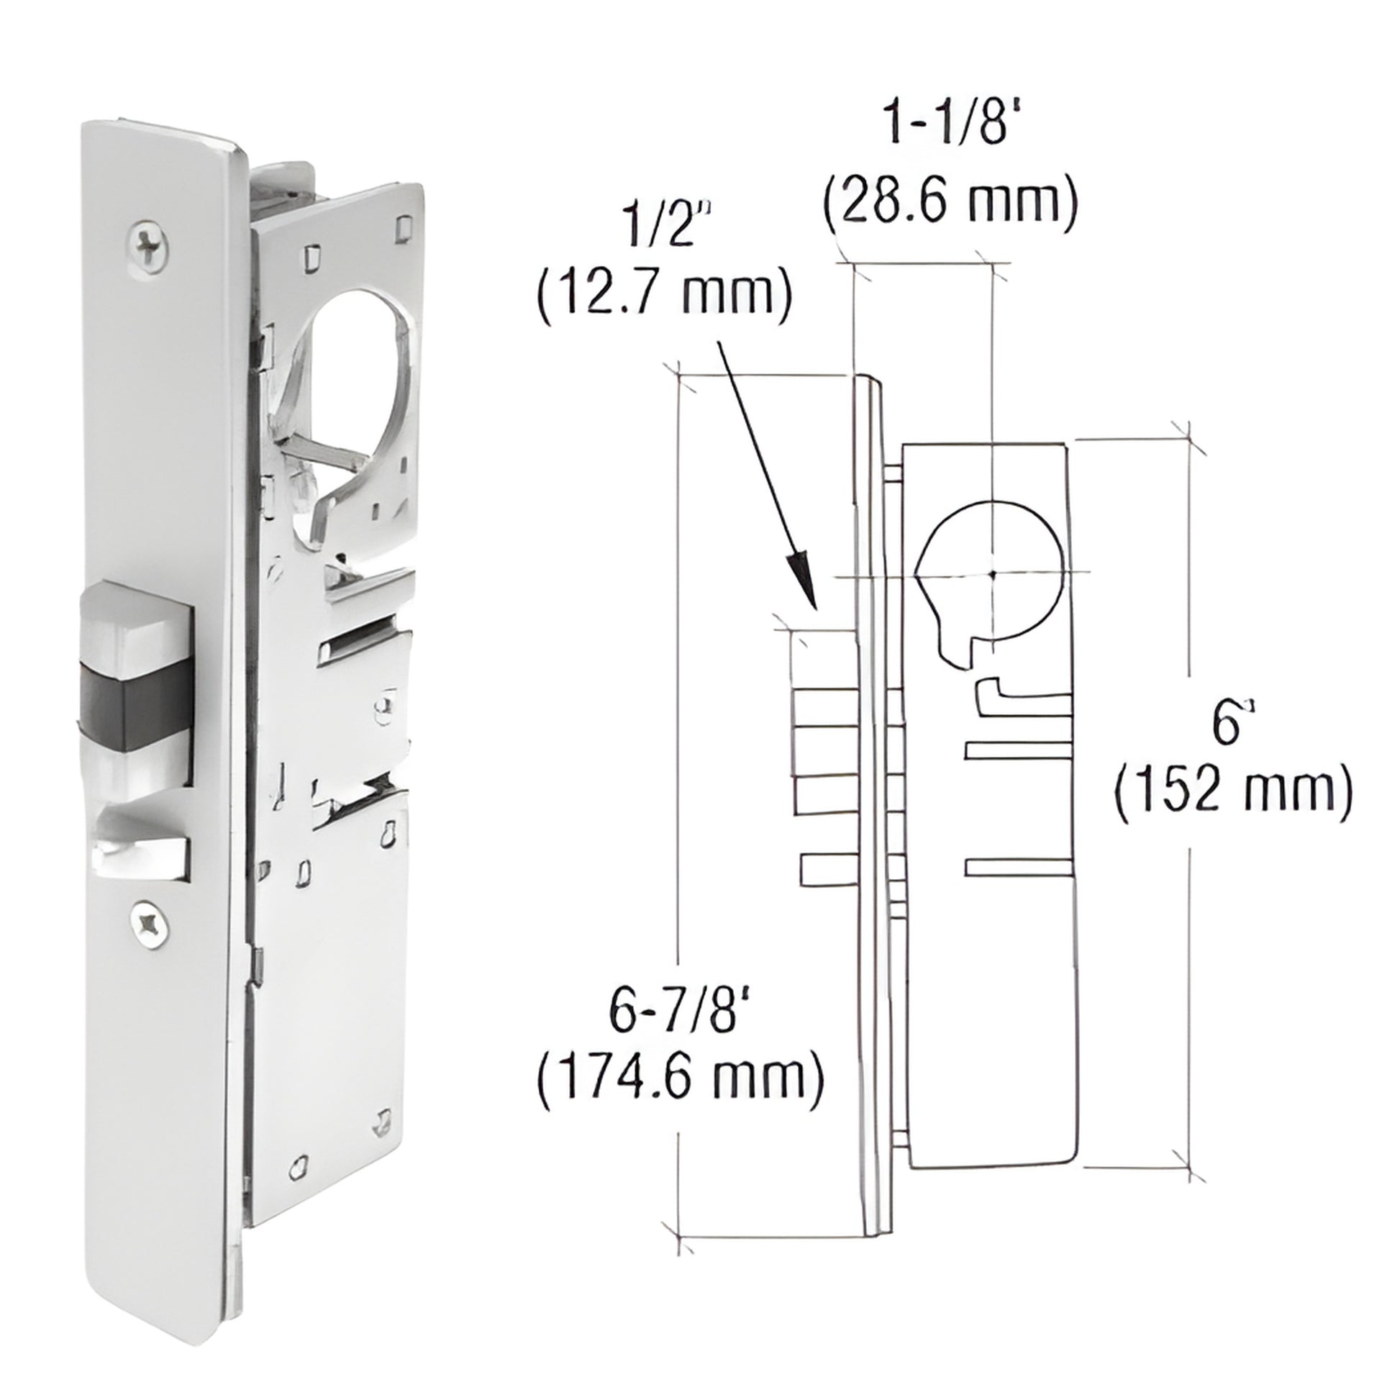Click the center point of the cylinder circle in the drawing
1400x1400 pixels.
coord(994,574)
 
